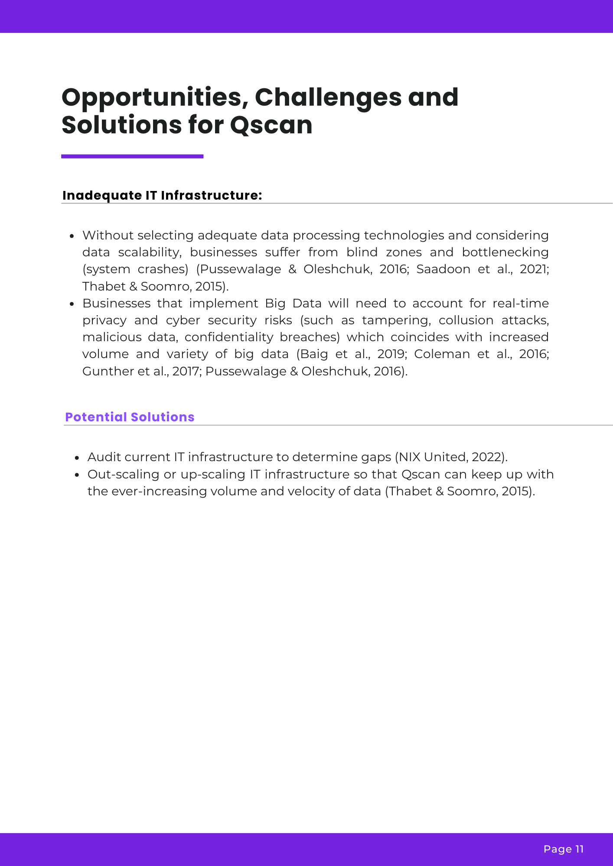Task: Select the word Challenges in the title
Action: pyautogui.click(x=328, y=97)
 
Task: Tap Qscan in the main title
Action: pyautogui.click(x=271, y=125)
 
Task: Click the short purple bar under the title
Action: pyautogui.click(x=132, y=156)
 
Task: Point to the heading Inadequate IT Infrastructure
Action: pyautogui.click(x=162, y=195)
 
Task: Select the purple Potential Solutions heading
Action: pyautogui.click(x=130, y=417)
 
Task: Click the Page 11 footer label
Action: pyautogui.click(x=564, y=849)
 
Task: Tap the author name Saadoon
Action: pyautogui.click(x=443, y=269)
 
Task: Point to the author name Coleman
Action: pyautogui.click(x=442, y=354)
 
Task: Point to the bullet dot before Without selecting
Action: pyautogui.click(x=72, y=236)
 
